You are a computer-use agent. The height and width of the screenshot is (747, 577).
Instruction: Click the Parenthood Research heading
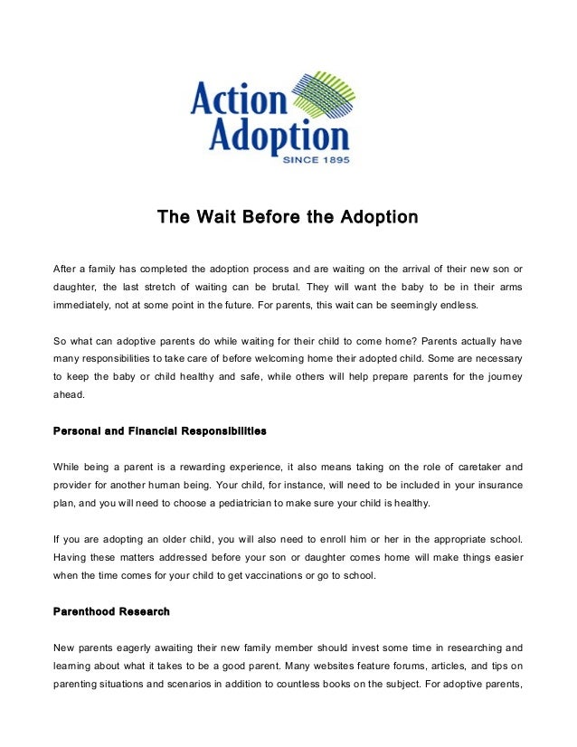point(111,612)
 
